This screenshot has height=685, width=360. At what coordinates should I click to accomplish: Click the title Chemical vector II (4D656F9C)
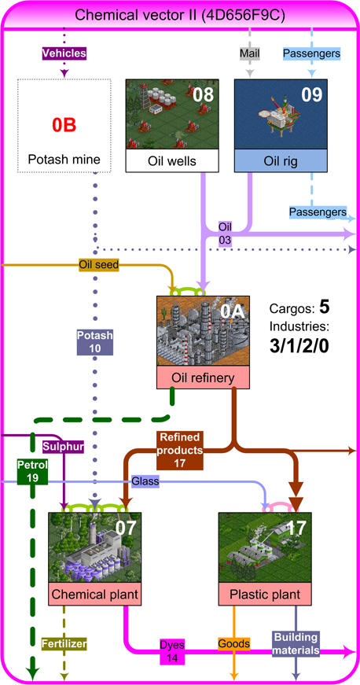coord(180,15)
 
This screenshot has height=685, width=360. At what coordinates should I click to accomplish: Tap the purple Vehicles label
coord(64,53)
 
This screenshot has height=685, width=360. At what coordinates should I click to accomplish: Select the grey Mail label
coord(250,53)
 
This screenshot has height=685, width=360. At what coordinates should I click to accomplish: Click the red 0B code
coord(64,125)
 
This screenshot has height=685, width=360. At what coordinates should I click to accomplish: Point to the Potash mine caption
coord(64,160)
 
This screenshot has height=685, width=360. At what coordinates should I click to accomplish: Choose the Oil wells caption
coord(172,160)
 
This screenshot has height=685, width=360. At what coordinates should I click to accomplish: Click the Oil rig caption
coord(281,160)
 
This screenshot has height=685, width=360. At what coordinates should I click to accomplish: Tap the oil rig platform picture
coord(281,115)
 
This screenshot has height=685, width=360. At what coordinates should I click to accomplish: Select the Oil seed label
coord(98,264)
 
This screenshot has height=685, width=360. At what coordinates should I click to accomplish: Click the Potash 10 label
coord(95,342)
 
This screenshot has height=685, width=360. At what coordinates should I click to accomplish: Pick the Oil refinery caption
coord(203,377)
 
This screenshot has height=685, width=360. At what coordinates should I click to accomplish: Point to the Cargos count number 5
coord(324,308)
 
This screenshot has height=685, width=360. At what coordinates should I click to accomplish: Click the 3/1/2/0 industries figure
coord(299,346)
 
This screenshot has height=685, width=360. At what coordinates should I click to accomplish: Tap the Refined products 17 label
coord(180,451)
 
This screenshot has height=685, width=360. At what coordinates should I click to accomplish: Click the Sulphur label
coord(63,447)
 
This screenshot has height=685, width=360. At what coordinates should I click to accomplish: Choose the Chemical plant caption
coord(94,594)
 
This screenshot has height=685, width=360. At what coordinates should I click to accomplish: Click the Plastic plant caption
coord(265,594)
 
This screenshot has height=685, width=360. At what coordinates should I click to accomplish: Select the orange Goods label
coord(234,643)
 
